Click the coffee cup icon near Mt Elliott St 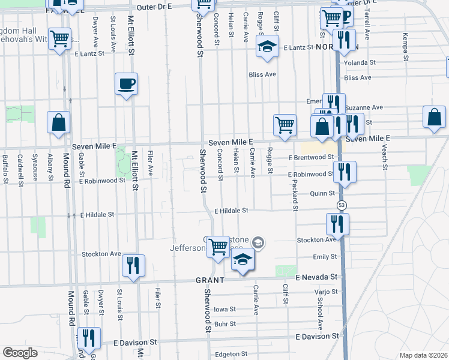(126, 83)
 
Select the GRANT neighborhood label (209, 280)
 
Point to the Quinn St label (322, 193)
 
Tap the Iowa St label (224, 310)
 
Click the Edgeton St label (228, 355)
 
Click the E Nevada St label (318, 277)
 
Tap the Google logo (20, 353)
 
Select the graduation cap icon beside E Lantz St (267, 46)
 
